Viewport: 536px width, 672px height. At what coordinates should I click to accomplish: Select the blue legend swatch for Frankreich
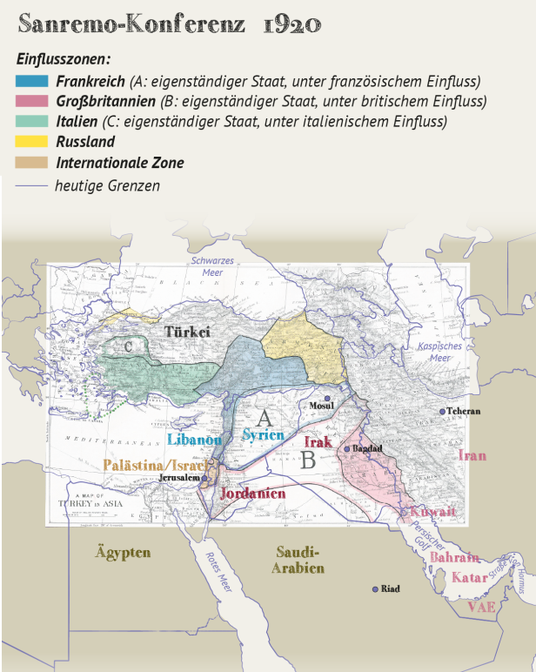tap(33, 83)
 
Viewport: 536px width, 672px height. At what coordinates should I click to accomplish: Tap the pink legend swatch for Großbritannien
tap(33, 102)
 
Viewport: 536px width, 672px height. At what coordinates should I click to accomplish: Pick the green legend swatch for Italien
tap(33, 122)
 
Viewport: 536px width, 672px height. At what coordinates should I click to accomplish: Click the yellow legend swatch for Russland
tap(33, 142)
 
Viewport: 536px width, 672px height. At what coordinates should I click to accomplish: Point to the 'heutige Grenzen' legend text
tap(107, 185)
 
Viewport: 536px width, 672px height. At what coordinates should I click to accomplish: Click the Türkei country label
tap(188, 333)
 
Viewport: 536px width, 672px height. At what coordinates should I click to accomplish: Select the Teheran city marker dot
tap(442, 412)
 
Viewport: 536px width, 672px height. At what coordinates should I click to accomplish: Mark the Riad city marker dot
tap(376, 589)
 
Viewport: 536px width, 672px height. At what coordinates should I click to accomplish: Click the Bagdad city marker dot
tap(347, 449)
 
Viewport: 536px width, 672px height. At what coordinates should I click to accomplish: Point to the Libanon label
tap(194, 440)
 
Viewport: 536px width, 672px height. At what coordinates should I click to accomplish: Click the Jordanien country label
tap(253, 494)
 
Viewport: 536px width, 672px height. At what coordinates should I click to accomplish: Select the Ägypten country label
tap(123, 553)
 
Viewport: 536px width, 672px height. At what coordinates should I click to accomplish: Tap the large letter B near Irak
tap(307, 461)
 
